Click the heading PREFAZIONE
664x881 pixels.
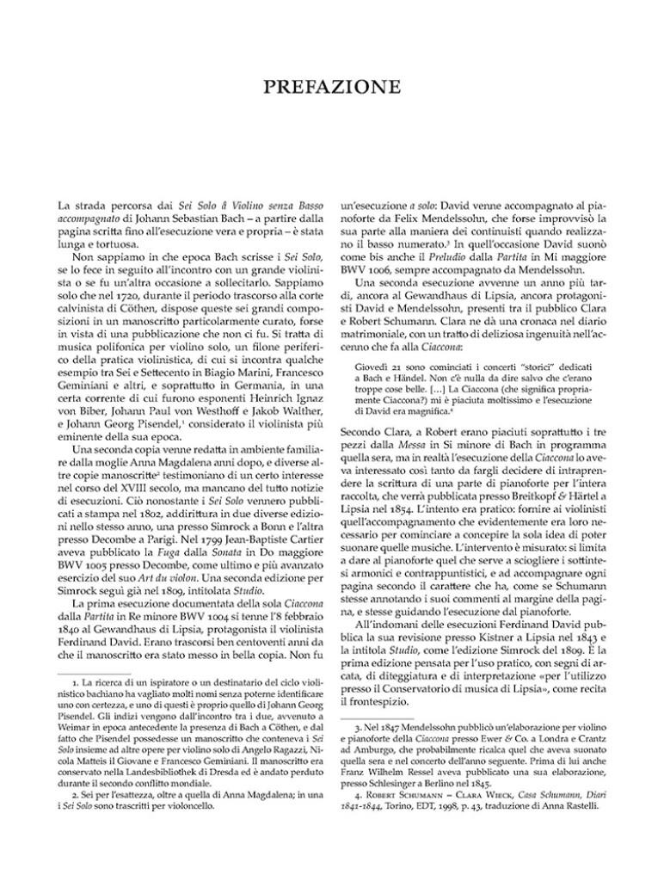point(331,87)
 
